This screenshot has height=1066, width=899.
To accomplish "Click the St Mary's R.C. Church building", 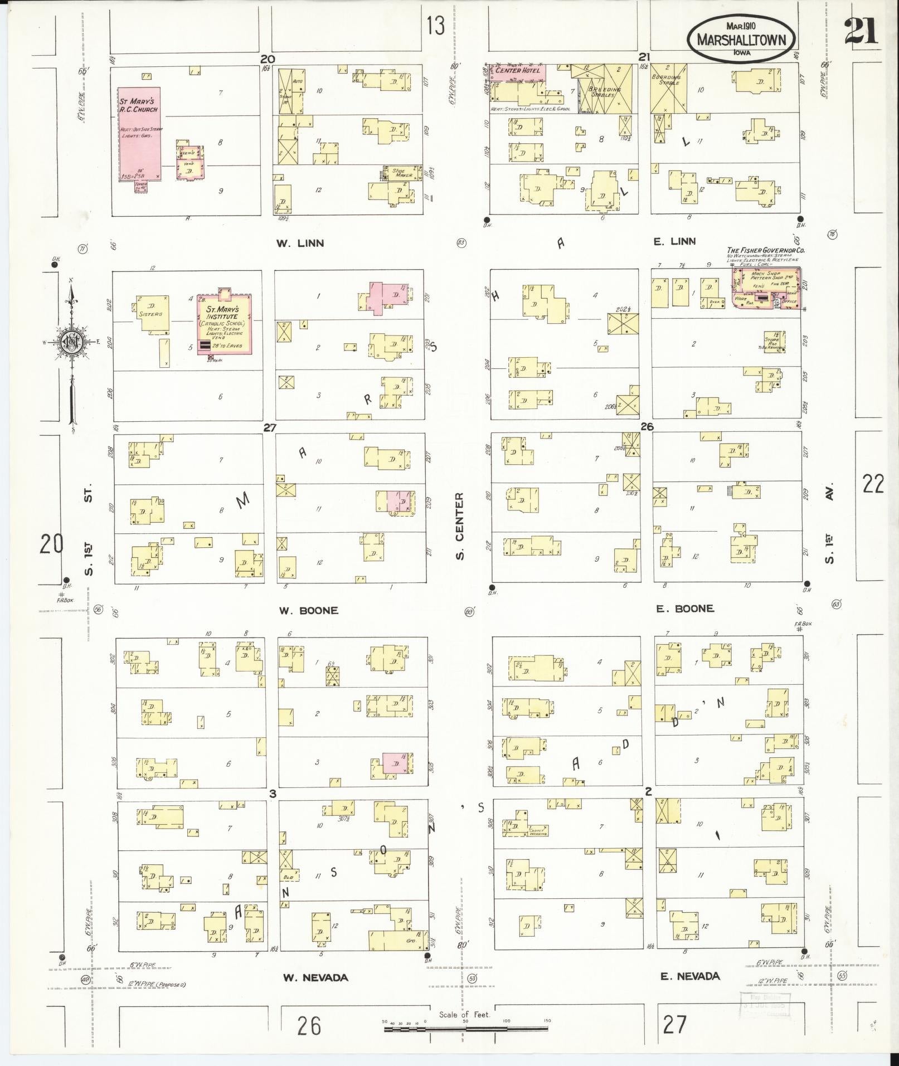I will pos(139,134).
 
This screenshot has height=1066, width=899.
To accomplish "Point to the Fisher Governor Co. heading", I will pos(765,251).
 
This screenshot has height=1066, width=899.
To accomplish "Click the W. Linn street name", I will pos(300,244).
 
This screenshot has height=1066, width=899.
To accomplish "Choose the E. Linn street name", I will pos(674,241).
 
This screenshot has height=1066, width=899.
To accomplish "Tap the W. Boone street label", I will pos(308,611).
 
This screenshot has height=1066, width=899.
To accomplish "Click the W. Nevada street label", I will pos(315,977).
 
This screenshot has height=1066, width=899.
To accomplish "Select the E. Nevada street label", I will pos(690,976).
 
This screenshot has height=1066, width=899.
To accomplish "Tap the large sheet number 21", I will pos(861,31).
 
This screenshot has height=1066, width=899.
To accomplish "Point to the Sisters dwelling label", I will pos(150,314).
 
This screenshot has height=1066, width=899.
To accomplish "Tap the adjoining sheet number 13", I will pos(436,25).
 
